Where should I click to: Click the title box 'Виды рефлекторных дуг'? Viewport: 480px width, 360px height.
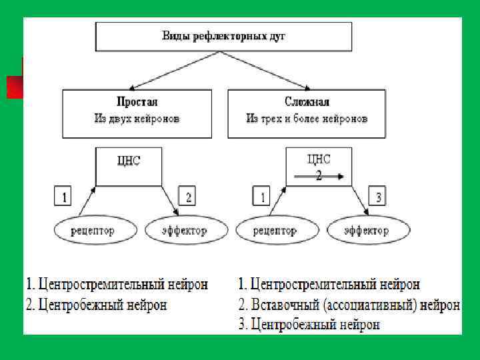[x=223, y=36]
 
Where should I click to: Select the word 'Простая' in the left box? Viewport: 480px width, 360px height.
[x=137, y=102]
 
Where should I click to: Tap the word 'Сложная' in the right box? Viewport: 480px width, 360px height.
[x=307, y=102]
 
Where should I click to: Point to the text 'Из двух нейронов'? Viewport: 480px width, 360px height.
[x=137, y=119]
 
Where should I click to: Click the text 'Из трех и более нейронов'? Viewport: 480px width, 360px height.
[x=307, y=119]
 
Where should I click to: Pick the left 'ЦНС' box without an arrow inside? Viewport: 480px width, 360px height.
[x=129, y=166]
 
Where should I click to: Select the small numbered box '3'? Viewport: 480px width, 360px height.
[x=379, y=196]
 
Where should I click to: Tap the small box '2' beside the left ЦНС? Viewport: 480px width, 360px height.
[x=189, y=196]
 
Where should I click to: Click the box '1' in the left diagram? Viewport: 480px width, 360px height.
[x=63, y=196]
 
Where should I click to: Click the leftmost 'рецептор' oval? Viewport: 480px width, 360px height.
[x=93, y=231]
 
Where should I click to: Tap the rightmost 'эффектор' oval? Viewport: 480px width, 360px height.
[x=367, y=231]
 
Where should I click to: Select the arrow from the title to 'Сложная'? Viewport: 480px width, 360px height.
[x=273, y=70]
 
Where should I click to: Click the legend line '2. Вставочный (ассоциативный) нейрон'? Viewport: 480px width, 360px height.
[x=349, y=305]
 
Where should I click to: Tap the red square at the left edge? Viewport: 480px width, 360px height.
[x=14, y=87]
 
